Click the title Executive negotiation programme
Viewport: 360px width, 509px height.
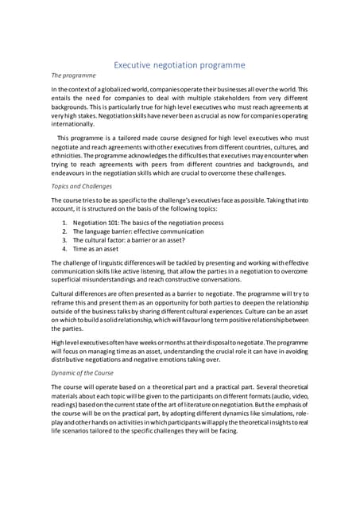(x=180, y=65)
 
